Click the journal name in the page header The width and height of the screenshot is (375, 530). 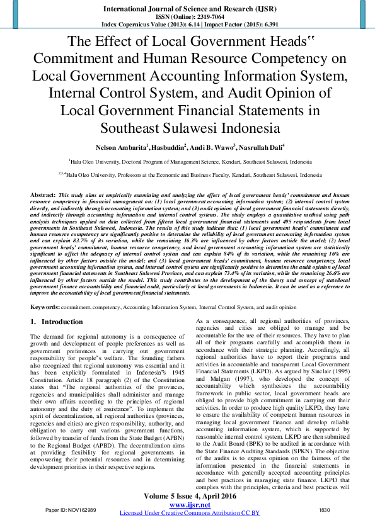click(x=187, y=9)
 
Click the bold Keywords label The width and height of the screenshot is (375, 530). click(x=45, y=306)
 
